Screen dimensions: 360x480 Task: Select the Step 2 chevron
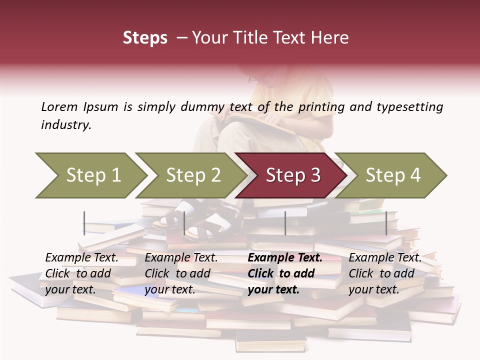[x=192, y=175]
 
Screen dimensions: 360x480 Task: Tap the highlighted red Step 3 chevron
[x=292, y=175]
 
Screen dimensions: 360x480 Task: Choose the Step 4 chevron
[x=392, y=175]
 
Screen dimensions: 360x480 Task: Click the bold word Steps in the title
[x=145, y=38]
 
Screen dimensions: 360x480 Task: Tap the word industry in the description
[x=66, y=125]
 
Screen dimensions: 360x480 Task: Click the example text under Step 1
[x=81, y=273]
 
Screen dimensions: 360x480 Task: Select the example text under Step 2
[x=181, y=273]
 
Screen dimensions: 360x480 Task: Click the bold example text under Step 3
[x=284, y=273]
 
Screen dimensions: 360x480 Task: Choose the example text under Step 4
[x=385, y=273]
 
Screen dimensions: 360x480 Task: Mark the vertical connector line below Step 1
[x=84, y=223]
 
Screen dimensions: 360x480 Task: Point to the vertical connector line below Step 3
[x=285, y=223]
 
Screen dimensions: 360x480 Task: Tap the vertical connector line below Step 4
[x=386, y=223]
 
